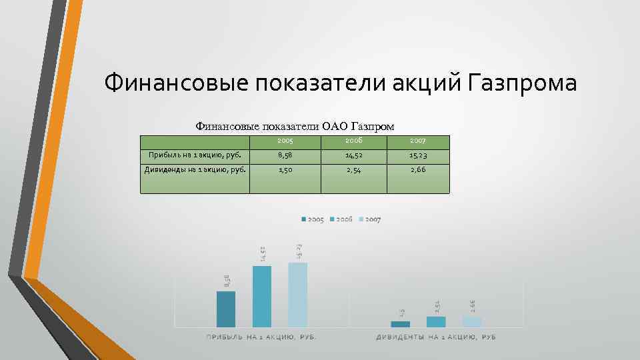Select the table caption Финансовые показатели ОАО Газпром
click(294, 126)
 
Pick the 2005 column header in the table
click(285, 142)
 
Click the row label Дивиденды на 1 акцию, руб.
click(195, 169)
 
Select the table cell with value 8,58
click(285, 156)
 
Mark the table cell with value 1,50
click(285, 169)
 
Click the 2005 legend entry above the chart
click(313, 219)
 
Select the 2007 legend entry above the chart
click(369, 219)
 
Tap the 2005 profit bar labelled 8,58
click(226, 309)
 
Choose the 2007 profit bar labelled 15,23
click(298, 295)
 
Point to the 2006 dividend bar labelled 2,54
click(436, 321)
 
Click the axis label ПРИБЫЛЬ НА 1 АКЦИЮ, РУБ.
click(261, 337)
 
